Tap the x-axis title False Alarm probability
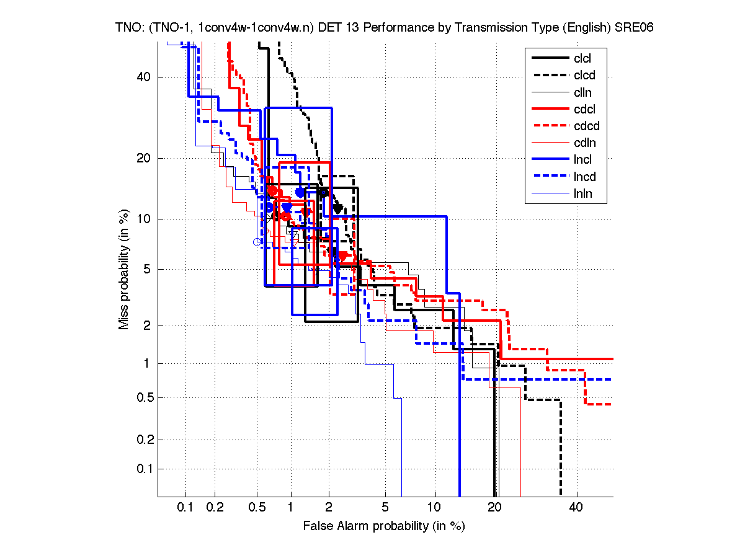pos(383,526)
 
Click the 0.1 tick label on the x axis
pos(185,508)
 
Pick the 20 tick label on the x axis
pos(494,508)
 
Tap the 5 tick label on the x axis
pos(385,508)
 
